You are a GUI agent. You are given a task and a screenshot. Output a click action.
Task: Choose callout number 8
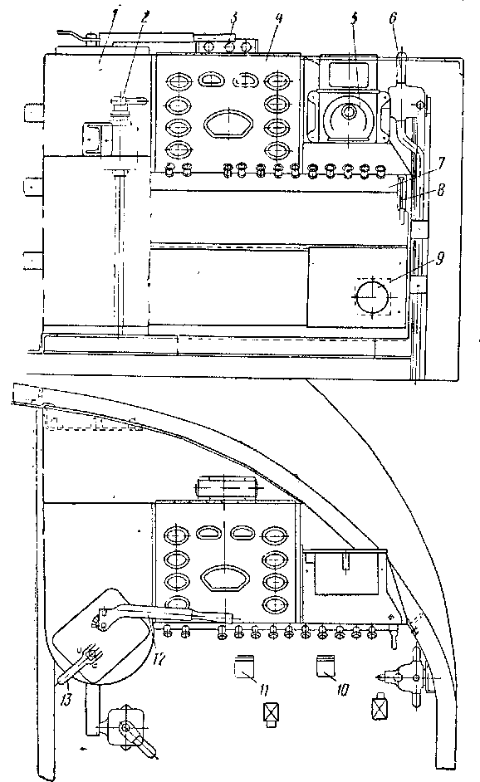pyautogui.click(x=439, y=190)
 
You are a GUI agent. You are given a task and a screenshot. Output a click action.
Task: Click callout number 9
pyautogui.click(x=440, y=258)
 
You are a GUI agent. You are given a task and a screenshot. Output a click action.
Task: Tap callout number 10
pyautogui.click(x=342, y=690)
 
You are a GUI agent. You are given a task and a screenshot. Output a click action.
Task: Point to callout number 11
pyautogui.click(x=264, y=690)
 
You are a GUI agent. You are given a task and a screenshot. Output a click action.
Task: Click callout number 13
pyautogui.click(x=66, y=700)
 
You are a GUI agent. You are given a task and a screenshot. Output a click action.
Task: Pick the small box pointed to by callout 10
pyautogui.click(x=326, y=667)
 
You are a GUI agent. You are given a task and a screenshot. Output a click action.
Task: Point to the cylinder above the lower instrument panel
pyautogui.click(x=227, y=487)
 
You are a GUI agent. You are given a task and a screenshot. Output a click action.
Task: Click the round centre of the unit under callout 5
pyautogui.click(x=350, y=112)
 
